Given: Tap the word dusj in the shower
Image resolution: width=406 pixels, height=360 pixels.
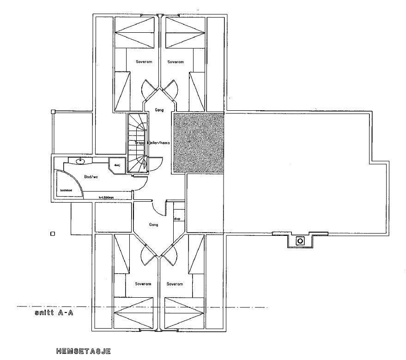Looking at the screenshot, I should point(116,165).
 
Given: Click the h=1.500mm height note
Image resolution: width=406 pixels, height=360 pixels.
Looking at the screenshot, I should point(106,198).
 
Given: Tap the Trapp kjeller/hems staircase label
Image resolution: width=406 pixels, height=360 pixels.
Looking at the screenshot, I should point(152,143).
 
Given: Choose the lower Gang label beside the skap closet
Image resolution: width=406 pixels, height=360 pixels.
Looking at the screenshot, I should point(154,225).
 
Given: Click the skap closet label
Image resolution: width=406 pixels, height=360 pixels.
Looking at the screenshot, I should point(176,218).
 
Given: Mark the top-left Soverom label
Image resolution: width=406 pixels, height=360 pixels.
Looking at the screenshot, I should point(142,61).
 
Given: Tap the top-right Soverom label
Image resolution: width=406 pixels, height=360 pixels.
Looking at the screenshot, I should point(176,61).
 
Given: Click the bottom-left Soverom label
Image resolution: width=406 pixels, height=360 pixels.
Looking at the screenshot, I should point(142,284).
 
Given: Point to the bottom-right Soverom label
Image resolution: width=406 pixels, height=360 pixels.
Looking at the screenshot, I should point(175,284).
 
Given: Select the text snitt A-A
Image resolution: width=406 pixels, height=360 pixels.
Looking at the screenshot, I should point(54,313).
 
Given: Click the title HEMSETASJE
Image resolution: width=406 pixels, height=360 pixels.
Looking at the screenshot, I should point(83,351).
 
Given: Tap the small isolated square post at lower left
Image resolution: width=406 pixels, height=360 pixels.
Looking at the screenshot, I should point(53,234).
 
